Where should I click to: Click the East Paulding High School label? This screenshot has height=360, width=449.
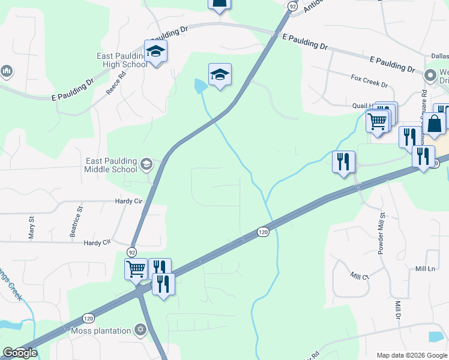click(x=121, y=60)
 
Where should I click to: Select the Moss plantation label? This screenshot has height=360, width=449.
click(x=101, y=331)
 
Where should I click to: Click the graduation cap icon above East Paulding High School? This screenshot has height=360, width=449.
click(x=155, y=52)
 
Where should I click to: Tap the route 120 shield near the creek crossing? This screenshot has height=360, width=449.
click(x=262, y=232)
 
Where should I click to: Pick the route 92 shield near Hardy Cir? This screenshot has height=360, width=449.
click(x=132, y=252)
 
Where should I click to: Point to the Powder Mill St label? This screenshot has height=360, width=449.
click(x=381, y=233)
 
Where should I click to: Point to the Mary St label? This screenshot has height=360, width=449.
click(x=32, y=229)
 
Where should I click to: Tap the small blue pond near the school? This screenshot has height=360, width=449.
click(x=200, y=86)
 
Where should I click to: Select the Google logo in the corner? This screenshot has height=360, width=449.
click(x=20, y=353)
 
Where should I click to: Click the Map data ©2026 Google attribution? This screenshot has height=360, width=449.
click(x=411, y=355)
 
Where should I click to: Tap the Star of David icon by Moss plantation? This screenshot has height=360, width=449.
click(x=140, y=330)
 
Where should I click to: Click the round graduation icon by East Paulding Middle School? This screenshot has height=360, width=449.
click(x=146, y=164)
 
